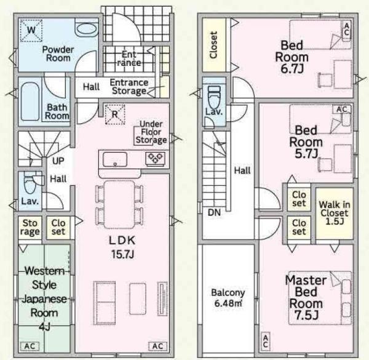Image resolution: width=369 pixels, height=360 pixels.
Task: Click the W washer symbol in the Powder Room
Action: pyautogui.click(x=31, y=30)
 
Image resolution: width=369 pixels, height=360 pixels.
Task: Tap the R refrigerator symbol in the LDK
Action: pyautogui.click(x=115, y=114)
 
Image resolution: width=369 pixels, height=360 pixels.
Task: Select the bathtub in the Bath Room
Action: pyautogui.click(x=30, y=102)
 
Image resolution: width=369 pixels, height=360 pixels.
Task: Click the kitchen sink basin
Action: pyautogui.click(x=115, y=159)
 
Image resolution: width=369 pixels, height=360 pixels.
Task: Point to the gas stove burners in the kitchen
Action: pyautogui.click(x=156, y=158)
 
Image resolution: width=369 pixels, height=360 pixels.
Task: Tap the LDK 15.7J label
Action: pyautogui.click(x=122, y=247)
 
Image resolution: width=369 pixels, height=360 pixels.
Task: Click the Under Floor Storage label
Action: pyautogui.click(x=151, y=132)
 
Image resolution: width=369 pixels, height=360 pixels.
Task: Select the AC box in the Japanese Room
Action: pyautogui.click(x=30, y=346)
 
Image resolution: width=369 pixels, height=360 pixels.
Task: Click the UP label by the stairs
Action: pyautogui.click(x=58, y=161)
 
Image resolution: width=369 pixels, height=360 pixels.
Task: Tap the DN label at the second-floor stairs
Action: pyautogui.click(x=214, y=213)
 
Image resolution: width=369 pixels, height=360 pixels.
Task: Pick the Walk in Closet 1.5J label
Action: pyautogui.click(x=335, y=213)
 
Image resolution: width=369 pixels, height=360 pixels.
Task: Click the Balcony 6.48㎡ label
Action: pyautogui.click(x=228, y=298)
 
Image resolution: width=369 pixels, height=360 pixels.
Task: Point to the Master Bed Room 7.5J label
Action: pyautogui.click(x=306, y=298)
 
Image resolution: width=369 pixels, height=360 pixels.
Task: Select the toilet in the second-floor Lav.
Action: pyautogui.click(x=214, y=97)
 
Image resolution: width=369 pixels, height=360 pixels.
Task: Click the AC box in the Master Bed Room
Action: pyautogui.click(x=266, y=342)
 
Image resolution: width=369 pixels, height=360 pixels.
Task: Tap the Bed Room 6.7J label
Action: pyautogui.click(x=292, y=57)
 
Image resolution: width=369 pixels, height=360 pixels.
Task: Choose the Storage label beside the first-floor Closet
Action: pyautogui.click(x=30, y=228)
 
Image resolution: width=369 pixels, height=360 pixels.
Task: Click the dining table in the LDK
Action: pyautogui.click(x=119, y=204)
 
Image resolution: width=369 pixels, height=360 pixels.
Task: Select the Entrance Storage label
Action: pyautogui.click(x=129, y=87)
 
